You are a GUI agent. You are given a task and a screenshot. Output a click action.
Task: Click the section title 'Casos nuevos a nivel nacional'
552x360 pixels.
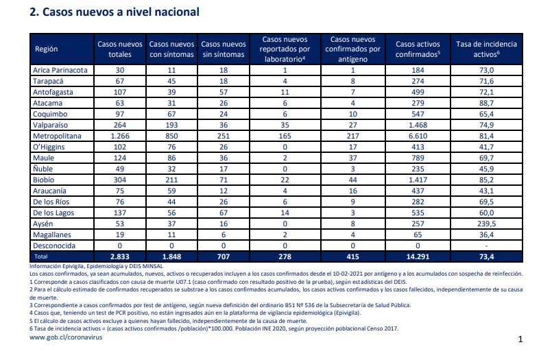121,12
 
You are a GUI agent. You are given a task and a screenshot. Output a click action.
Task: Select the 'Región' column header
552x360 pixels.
46,49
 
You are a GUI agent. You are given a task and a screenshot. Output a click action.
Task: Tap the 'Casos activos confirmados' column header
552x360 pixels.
418,49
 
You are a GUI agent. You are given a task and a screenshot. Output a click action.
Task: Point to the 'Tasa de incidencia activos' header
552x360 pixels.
486,49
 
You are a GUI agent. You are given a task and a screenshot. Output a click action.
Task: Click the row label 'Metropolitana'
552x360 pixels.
57,136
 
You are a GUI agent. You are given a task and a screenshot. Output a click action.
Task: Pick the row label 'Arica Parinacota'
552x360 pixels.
60,70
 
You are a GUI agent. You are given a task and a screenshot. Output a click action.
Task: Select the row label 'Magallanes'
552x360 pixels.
52,235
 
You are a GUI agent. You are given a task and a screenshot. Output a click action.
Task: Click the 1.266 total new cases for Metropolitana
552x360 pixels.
120,136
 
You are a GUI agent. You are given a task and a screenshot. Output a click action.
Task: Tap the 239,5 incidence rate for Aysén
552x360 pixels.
486,224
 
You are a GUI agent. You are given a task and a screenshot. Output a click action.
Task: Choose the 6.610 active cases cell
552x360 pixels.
418,136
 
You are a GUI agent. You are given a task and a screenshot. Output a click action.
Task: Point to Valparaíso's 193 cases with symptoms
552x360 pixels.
171,125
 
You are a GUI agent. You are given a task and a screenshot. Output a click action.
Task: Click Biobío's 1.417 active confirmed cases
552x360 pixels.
418,180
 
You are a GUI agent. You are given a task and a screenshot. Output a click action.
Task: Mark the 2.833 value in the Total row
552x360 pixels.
120,256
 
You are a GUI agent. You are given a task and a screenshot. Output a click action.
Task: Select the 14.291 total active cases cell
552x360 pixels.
418,256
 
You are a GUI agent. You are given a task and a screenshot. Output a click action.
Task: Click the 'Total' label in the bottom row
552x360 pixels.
41,256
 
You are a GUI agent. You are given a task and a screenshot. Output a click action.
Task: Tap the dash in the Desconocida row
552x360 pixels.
486,246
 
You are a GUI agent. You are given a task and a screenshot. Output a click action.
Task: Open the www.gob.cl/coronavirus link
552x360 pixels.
66,337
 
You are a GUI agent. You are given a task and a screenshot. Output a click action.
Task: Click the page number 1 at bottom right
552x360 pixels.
520,339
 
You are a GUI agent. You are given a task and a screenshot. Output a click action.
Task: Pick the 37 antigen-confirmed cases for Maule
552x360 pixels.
352,158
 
